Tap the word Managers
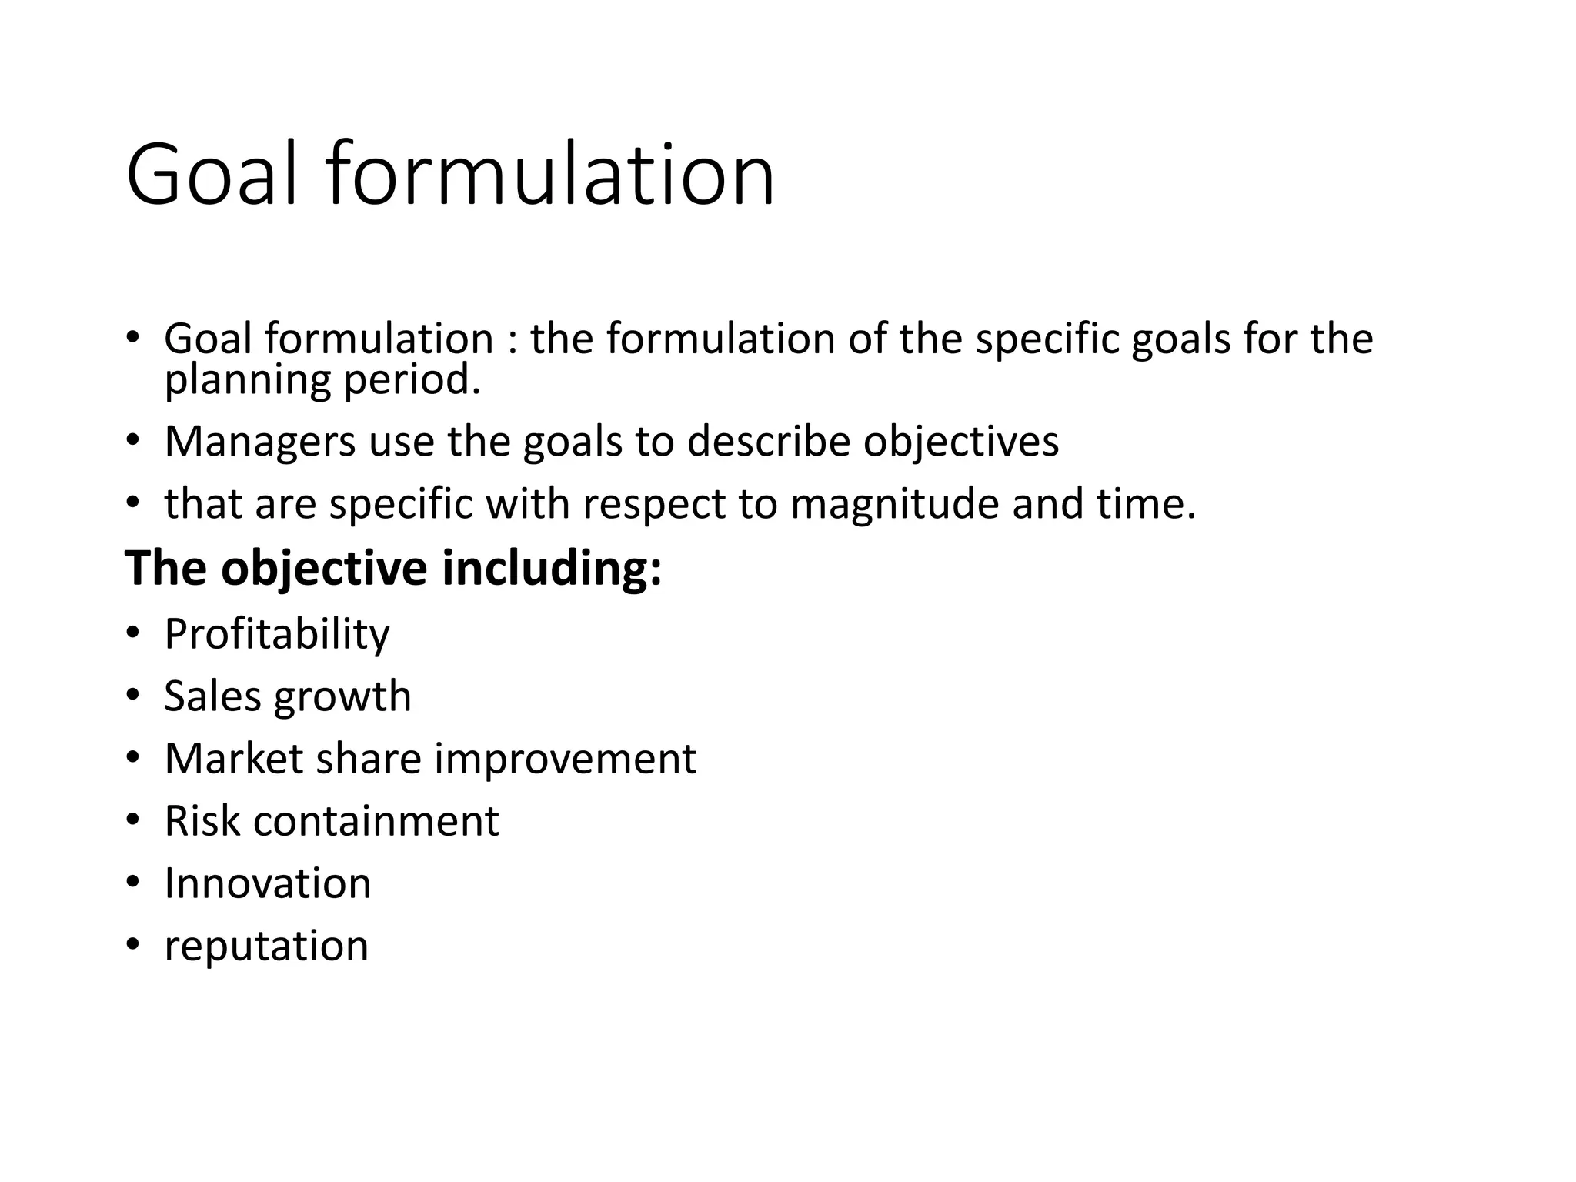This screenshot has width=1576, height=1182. [260, 442]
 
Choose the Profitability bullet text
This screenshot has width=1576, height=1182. [277, 634]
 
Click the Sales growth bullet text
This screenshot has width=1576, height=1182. [288, 696]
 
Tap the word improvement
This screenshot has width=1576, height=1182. [566, 759]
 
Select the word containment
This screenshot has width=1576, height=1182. [376, 820]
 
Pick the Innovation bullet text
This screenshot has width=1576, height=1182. [268, 883]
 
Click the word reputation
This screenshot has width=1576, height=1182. [266, 946]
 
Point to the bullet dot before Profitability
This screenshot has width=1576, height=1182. [132, 633]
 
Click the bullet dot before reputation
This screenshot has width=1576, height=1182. [132, 944]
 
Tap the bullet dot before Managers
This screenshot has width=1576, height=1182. [132, 440]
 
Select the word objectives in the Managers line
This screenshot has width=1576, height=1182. [960, 442]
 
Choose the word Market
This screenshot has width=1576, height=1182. [234, 759]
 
